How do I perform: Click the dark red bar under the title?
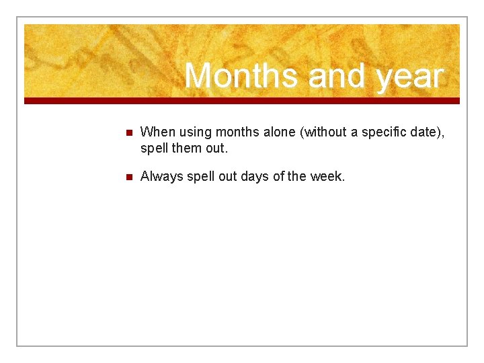tap(242, 101)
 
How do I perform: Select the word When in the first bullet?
tap(156, 132)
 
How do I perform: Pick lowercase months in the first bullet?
tap(237, 132)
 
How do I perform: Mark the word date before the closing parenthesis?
tap(428, 132)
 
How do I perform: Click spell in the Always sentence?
tap(200, 177)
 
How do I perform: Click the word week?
tap(326, 177)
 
